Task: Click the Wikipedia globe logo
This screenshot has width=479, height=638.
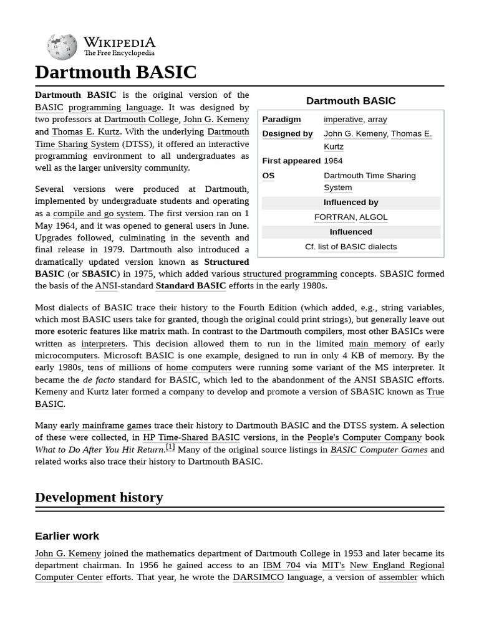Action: point(62,47)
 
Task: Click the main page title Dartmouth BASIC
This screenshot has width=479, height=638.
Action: point(115,72)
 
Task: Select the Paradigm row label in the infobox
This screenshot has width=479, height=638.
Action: point(281,119)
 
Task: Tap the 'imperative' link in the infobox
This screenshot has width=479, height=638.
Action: point(343,119)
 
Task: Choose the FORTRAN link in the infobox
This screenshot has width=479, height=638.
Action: point(334,217)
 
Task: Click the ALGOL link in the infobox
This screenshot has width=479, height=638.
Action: point(374,217)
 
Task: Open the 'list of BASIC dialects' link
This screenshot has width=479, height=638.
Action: point(357,247)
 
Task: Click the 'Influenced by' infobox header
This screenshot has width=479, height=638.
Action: point(351,202)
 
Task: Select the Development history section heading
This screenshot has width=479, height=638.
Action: point(99,497)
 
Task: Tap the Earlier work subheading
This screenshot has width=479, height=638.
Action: point(67,536)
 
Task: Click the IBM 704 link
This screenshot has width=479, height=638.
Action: point(281,565)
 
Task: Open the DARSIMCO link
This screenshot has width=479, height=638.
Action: point(258,577)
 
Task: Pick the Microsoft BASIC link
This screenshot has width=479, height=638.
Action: point(138,356)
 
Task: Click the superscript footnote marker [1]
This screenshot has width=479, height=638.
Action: point(170,447)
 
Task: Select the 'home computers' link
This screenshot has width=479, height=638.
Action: point(198,368)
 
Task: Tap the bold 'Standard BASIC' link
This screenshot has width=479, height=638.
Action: point(191,285)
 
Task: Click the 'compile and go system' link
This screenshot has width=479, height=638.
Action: point(98,213)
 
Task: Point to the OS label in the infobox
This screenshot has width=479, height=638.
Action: point(268,176)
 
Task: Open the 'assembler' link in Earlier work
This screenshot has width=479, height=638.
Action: point(398,577)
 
